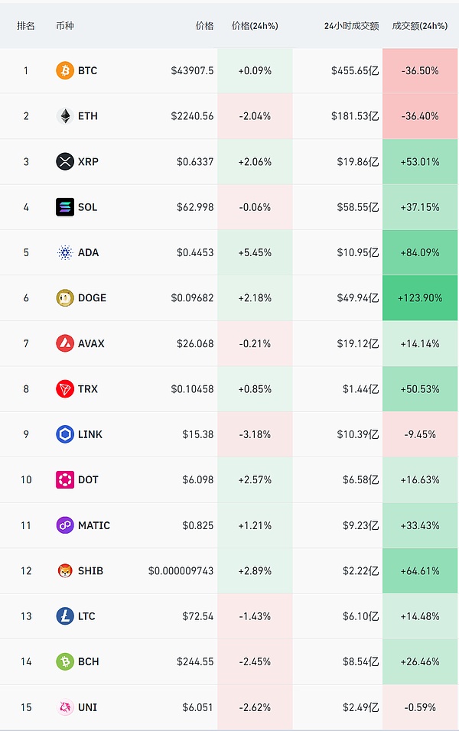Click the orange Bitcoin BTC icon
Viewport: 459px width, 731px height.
coord(65,70)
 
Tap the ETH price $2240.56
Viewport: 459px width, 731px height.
coord(192,116)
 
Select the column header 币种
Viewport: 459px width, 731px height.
coord(66,25)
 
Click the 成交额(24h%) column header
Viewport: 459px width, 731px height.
coord(419,25)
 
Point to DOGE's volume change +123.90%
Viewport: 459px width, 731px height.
coord(420,297)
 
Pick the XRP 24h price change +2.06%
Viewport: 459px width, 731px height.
coord(255,161)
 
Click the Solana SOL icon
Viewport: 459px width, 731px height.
coord(65,206)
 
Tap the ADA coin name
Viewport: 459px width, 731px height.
coord(88,252)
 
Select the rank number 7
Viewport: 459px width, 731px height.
coord(26,343)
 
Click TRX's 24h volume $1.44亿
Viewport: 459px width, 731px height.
coord(360,388)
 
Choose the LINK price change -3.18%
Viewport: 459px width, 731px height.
coord(255,434)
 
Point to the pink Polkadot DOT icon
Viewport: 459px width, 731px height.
coord(65,479)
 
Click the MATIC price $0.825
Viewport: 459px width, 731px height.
coord(198,525)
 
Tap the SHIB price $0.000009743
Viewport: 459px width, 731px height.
coord(181,570)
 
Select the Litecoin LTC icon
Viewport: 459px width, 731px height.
coord(65,616)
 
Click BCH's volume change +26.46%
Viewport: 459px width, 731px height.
coord(420,661)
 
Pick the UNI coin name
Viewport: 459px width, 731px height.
coord(87,707)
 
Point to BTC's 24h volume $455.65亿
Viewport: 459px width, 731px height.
coord(355,70)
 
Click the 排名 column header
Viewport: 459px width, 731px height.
coord(26,25)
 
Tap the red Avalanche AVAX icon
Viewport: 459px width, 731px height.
coord(65,343)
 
